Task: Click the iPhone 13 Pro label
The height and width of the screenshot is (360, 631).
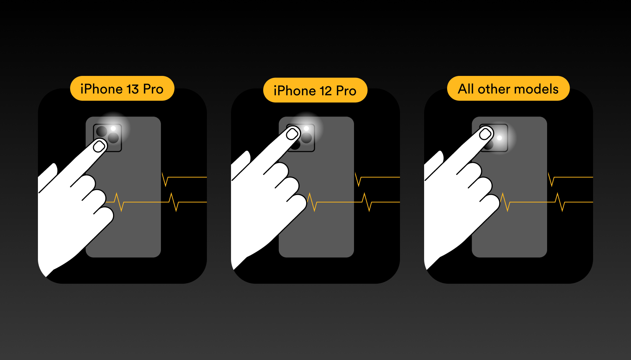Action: [122, 88]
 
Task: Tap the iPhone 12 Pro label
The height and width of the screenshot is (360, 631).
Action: [315, 90]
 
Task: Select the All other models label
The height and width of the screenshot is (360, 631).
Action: [508, 88]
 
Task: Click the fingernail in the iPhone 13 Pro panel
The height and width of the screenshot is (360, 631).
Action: [99, 146]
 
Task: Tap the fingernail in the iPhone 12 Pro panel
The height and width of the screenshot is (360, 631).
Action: [292, 134]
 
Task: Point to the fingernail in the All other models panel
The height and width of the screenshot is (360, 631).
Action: [485, 134]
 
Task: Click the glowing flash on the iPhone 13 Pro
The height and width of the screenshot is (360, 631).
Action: [113, 128]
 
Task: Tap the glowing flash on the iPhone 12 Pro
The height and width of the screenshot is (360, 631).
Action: [306, 128]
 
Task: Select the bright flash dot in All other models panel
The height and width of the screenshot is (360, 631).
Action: [500, 138]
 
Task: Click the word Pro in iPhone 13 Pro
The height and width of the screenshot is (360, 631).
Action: [153, 89]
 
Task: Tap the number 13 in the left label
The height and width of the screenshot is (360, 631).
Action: [133, 89]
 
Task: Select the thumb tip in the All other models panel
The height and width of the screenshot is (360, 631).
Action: [440, 155]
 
